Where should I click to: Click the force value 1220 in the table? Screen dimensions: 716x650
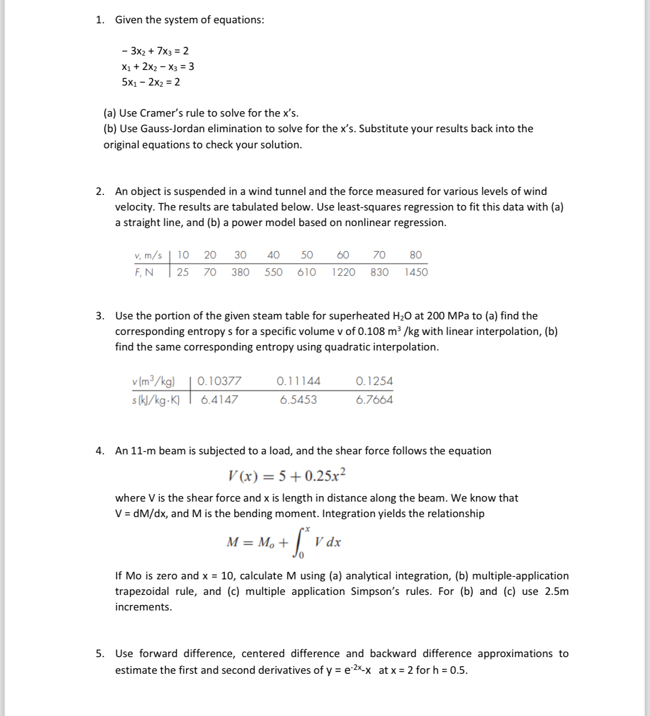click(343, 272)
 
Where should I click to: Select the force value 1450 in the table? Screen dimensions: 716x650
click(416, 272)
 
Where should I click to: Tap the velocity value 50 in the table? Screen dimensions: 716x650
click(307, 255)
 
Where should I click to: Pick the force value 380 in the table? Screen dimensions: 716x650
click(240, 272)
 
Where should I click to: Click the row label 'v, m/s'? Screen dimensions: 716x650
click(148, 256)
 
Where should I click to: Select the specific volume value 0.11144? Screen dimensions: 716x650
click(298, 381)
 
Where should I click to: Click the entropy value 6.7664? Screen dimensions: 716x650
click(374, 400)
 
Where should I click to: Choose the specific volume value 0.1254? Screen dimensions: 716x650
click(374, 381)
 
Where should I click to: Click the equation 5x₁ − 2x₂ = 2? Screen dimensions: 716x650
click(151, 82)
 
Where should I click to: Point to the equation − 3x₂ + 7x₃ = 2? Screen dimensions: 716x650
click(155, 51)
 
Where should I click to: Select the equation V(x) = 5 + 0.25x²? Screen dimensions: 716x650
click(287, 475)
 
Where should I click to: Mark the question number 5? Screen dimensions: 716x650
click(99, 654)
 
